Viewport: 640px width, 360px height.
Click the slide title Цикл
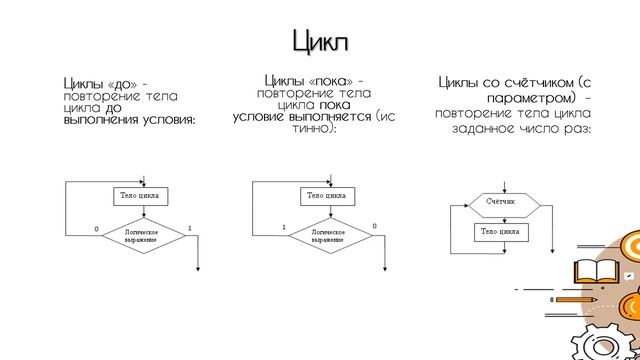click(x=320, y=42)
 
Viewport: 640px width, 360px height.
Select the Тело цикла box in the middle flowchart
click(x=327, y=194)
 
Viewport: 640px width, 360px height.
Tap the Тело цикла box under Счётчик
click(x=499, y=232)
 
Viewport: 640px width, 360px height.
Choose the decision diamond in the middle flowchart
click(x=328, y=236)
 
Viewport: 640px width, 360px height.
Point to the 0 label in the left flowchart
click(x=97, y=229)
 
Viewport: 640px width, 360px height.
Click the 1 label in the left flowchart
click(x=188, y=228)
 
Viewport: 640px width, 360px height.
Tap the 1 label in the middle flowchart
click(x=283, y=227)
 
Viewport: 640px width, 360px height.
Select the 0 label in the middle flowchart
click(x=374, y=227)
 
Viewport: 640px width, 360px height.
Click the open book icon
click(x=591, y=272)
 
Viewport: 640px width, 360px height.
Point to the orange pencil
click(x=576, y=298)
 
